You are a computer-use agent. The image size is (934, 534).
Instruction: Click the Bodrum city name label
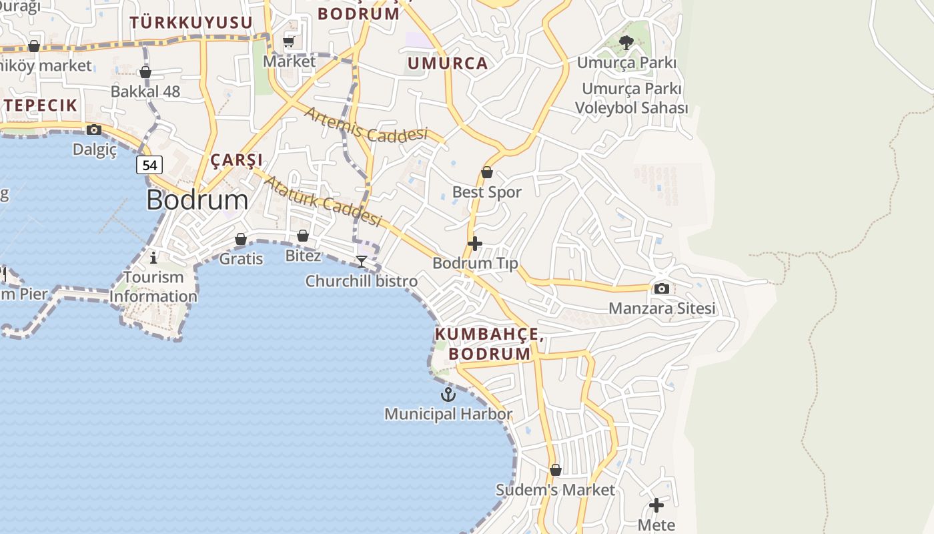point(197,200)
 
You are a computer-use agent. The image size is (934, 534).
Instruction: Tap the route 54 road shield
point(149,165)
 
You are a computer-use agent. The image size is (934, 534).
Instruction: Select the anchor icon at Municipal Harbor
point(448,394)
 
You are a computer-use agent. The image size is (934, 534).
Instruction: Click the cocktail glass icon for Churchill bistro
point(362,261)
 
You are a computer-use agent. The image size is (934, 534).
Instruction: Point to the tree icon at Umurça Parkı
point(626,43)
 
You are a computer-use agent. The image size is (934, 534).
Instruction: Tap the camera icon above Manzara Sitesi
point(662,288)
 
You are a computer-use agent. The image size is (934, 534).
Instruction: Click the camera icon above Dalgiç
point(94,129)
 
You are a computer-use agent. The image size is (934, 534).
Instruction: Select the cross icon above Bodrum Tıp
point(475,244)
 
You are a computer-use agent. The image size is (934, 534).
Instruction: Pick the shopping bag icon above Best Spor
point(487,172)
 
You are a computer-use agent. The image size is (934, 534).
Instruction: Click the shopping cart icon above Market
point(289,42)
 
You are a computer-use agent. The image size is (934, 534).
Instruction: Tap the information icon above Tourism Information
point(154,257)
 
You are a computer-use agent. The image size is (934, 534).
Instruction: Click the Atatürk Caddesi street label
point(324,201)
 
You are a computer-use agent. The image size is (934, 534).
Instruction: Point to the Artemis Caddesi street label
point(366,125)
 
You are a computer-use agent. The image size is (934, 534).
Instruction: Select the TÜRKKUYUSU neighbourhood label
point(191,23)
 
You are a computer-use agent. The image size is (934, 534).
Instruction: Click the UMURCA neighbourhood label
point(447,64)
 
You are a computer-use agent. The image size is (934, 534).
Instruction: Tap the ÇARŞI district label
point(236,160)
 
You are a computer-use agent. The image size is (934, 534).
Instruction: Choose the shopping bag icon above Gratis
point(241,239)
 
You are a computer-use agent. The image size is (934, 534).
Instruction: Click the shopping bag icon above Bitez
point(303,236)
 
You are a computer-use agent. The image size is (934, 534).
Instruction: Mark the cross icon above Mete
point(656,505)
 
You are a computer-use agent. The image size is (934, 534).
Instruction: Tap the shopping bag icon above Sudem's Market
point(555,470)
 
